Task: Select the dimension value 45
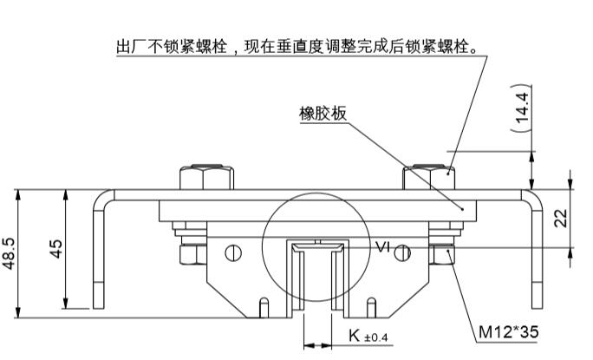tap(55, 250)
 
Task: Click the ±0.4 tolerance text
tap(375, 337)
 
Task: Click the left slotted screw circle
tap(231, 253)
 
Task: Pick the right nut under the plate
tap(441, 253)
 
